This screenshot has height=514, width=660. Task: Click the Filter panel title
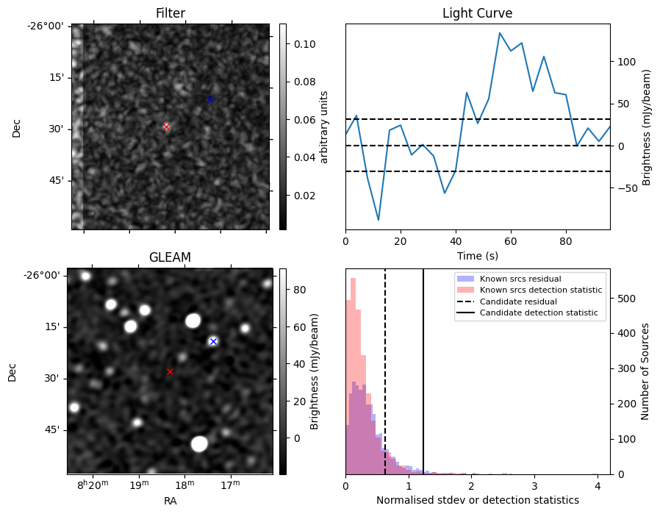click(170, 13)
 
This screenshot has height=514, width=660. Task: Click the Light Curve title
click(477, 13)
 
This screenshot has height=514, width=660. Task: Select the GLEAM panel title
click(170, 257)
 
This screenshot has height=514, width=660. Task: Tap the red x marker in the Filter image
click(166, 126)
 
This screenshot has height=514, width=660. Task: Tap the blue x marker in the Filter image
click(210, 99)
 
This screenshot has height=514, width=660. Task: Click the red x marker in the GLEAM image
click(170, 371)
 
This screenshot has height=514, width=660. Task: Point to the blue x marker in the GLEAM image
click(213, 341)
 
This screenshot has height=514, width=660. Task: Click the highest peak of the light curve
click(500, 33)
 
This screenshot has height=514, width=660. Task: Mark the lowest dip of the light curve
click(379, 220)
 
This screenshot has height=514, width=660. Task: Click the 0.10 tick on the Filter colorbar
click(294, 44)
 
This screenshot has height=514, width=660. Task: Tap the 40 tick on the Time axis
click(456, 240)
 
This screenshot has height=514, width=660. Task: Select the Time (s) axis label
click(477, 254)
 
